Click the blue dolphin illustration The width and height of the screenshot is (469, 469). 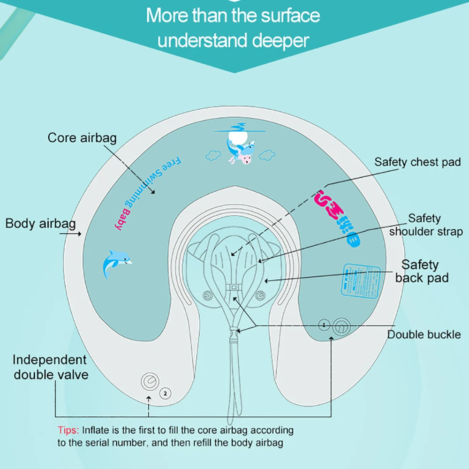[x=116, y=263]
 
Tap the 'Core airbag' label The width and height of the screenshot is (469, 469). [x=82, y=138]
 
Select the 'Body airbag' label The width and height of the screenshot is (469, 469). [x=40, y=223]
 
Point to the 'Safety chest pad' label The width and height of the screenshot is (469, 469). [x=417, y=162]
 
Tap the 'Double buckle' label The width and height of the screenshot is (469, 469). [x=424, y=335]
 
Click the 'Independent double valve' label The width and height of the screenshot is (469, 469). [x=50, y=367]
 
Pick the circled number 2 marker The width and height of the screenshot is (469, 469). [x=165, y=393]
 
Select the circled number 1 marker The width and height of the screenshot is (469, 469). [x=323, y=324]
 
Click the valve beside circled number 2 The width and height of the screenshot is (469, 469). [x=150, y=382]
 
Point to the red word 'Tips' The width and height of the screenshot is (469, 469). [x=68, y=430]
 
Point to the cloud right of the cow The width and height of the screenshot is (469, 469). [x=267, y=154]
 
